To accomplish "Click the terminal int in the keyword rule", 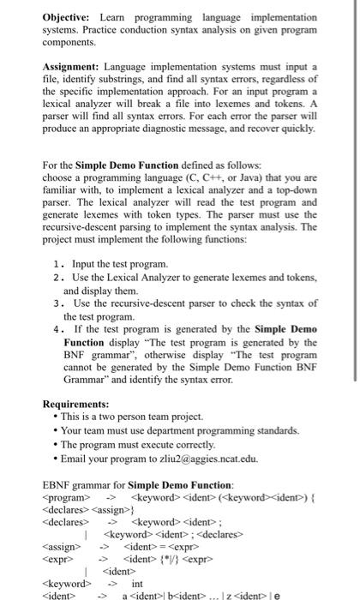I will [137, 583].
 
